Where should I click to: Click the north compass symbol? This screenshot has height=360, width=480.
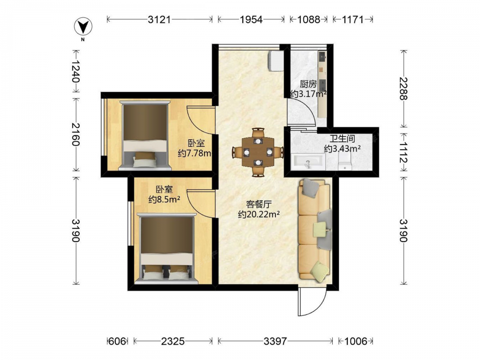coord(83,26)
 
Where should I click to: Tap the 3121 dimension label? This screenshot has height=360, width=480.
coord(159,20)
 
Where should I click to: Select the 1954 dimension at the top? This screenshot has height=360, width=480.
coord(251,20)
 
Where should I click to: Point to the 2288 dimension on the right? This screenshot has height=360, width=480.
coord(404,88)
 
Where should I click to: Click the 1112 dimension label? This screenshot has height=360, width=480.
coord(404,152)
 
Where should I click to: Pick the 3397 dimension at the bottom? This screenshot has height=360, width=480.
coord(275,341)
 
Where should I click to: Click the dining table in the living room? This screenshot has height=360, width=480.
coord(258,152)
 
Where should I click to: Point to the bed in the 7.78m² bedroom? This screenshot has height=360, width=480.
coord(145,135)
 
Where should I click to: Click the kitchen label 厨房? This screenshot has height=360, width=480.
coord(308,84)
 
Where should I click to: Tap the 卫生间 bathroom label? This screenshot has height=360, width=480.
coord(342,138)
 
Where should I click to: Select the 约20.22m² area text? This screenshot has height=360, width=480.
coord(259,214)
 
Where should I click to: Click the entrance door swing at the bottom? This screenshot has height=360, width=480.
coord(313,301)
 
